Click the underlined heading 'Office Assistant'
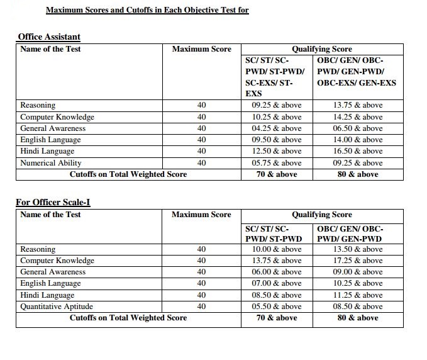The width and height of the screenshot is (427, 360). pyautogui.click(x=48, y=37)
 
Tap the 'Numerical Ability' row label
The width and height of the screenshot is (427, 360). pyautogui.click(x=50, y=162)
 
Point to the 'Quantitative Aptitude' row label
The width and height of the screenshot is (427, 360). pyautogui.click(x=56, y=307)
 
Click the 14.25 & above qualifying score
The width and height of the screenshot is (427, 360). pyautogui.click(x=358, y=117)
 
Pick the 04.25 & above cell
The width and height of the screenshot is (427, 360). pyautogui.click(x=277, y=128)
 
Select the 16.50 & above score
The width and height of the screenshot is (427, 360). pyautogui.click(x=358, y=151)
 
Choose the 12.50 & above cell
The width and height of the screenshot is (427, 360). pyautogui.click(x=277, y=151)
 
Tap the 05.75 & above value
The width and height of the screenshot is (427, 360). pyautogui.click(x=277, y=162)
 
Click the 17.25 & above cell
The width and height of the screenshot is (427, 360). pyautogui.click(x=358, y=261)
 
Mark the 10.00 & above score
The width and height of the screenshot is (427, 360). pyautogui.click(x=277, y=249)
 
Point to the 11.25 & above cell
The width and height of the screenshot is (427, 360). pyautogui.click(x=358, y=295)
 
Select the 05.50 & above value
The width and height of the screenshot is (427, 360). pyautogui.click(x=277, y=307)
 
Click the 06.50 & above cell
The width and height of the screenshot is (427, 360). pyautogui.click(x=358, y=128)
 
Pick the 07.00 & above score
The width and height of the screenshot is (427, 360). pyautogui.click(x=277, y=283)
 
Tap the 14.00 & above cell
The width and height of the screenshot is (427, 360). pyautogui.click(x=358, y=140)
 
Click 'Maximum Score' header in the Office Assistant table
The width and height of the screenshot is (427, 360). pyautogui.click(x=201, y=49)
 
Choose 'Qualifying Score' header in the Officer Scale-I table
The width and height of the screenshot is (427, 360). pyautogui.click(x=321, y=215)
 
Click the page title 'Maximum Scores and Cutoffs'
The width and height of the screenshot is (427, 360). pyautogui.click(x=147, y=10)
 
